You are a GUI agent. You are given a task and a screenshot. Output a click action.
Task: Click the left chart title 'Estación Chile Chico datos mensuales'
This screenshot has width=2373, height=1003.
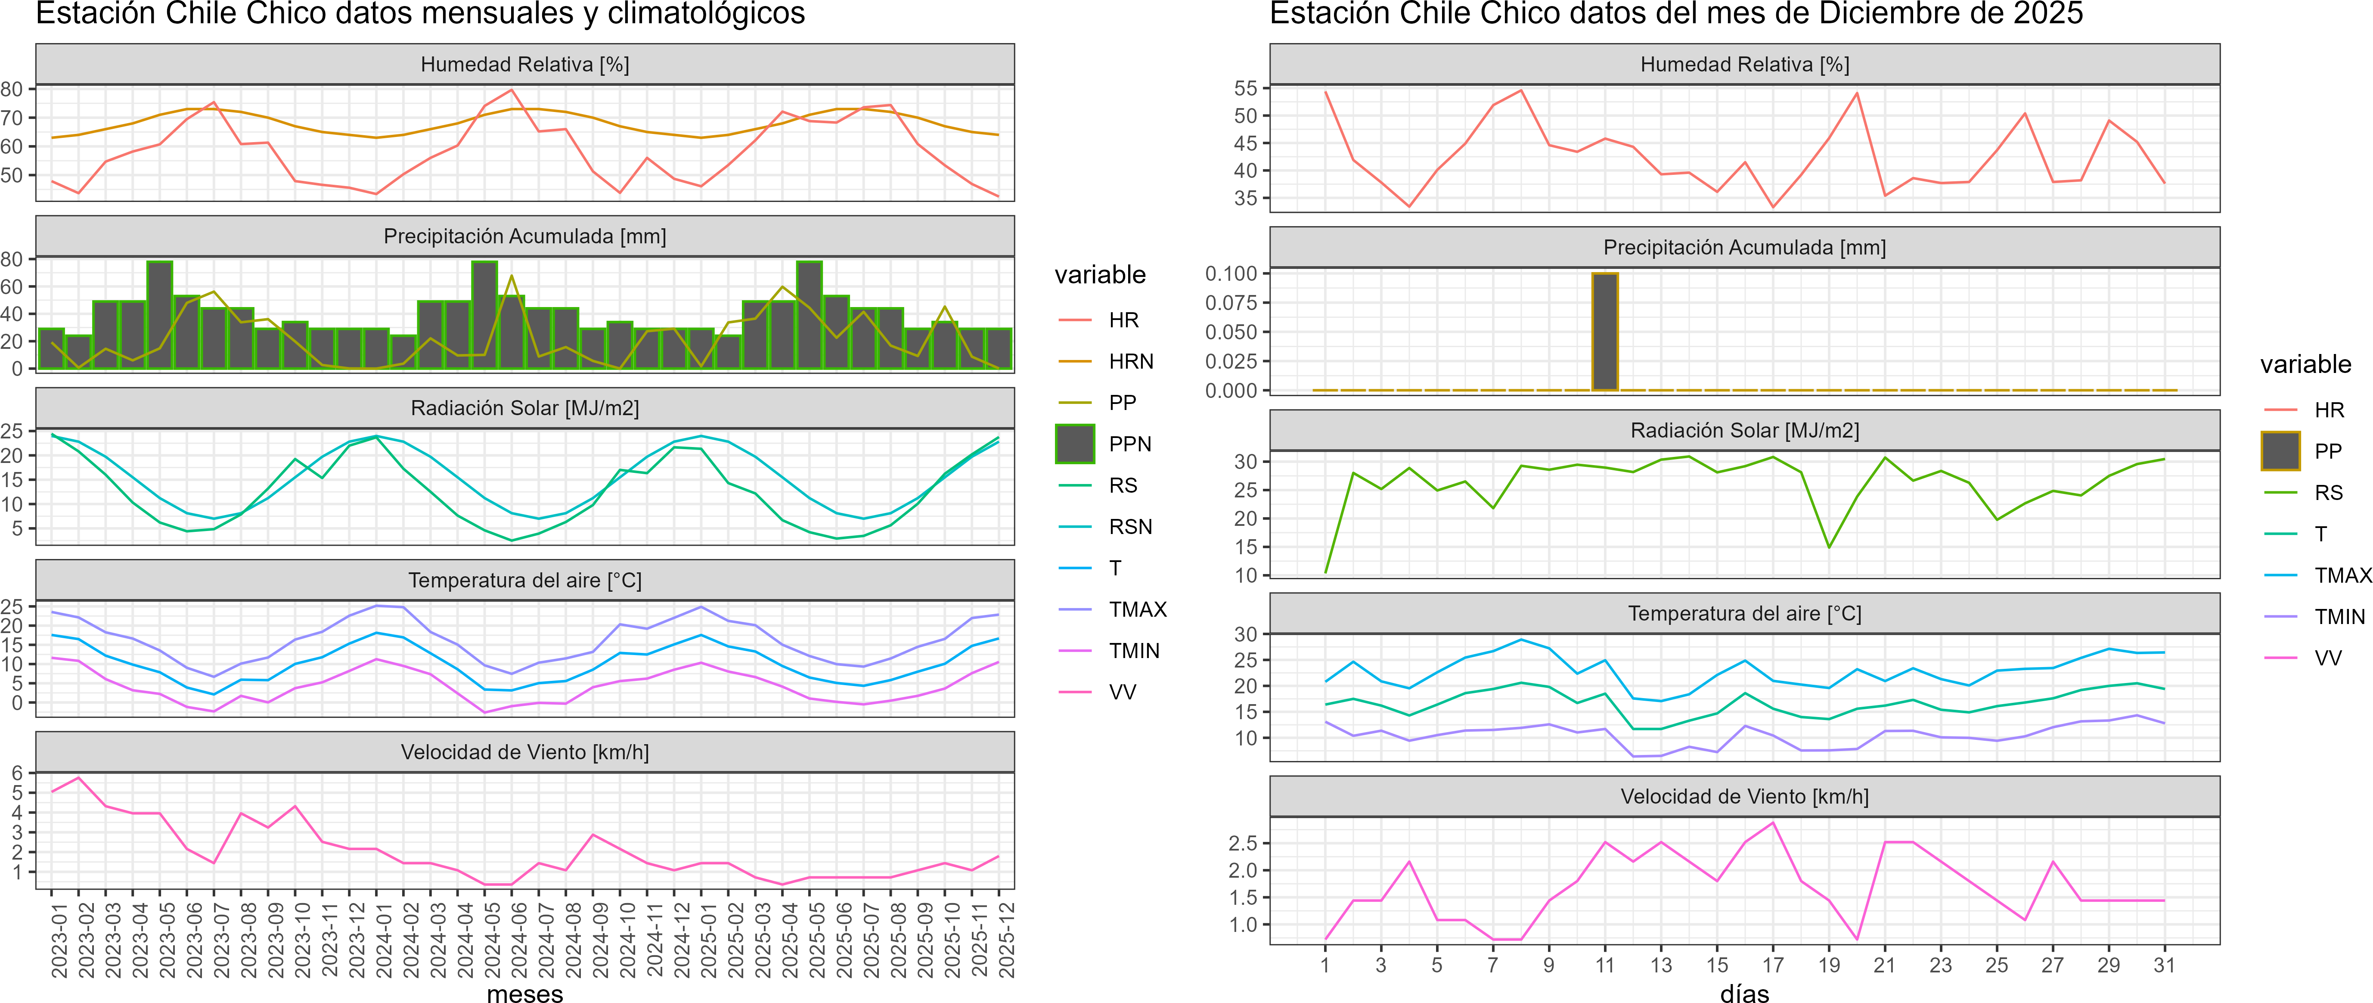click(420, 14)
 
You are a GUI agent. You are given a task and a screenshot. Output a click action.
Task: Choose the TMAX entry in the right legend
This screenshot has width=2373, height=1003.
click(2342, 576)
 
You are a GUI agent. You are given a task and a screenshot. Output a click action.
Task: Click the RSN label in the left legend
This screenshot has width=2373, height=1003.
click(1130, 527)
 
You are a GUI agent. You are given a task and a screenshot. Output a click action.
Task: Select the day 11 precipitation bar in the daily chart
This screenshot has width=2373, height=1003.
click(1605, 332)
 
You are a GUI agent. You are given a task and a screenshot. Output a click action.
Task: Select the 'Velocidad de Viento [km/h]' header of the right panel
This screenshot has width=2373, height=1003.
click(1744, 797)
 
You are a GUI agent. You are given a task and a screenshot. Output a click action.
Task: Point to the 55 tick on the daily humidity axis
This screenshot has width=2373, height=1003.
click(1245, 88)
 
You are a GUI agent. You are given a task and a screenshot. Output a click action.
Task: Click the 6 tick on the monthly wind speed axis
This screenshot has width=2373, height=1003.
click(17, 773)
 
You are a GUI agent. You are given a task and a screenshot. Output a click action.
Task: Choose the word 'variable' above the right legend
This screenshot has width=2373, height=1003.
click(2305, 365)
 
